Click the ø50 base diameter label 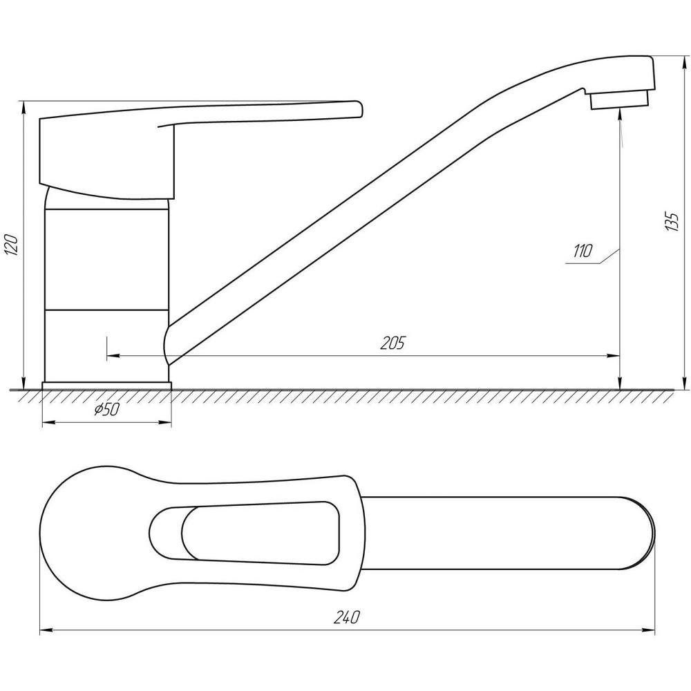(x=107, y=410)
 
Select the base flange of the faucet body (x=106, y=385)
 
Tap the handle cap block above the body (x=107, y=155)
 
